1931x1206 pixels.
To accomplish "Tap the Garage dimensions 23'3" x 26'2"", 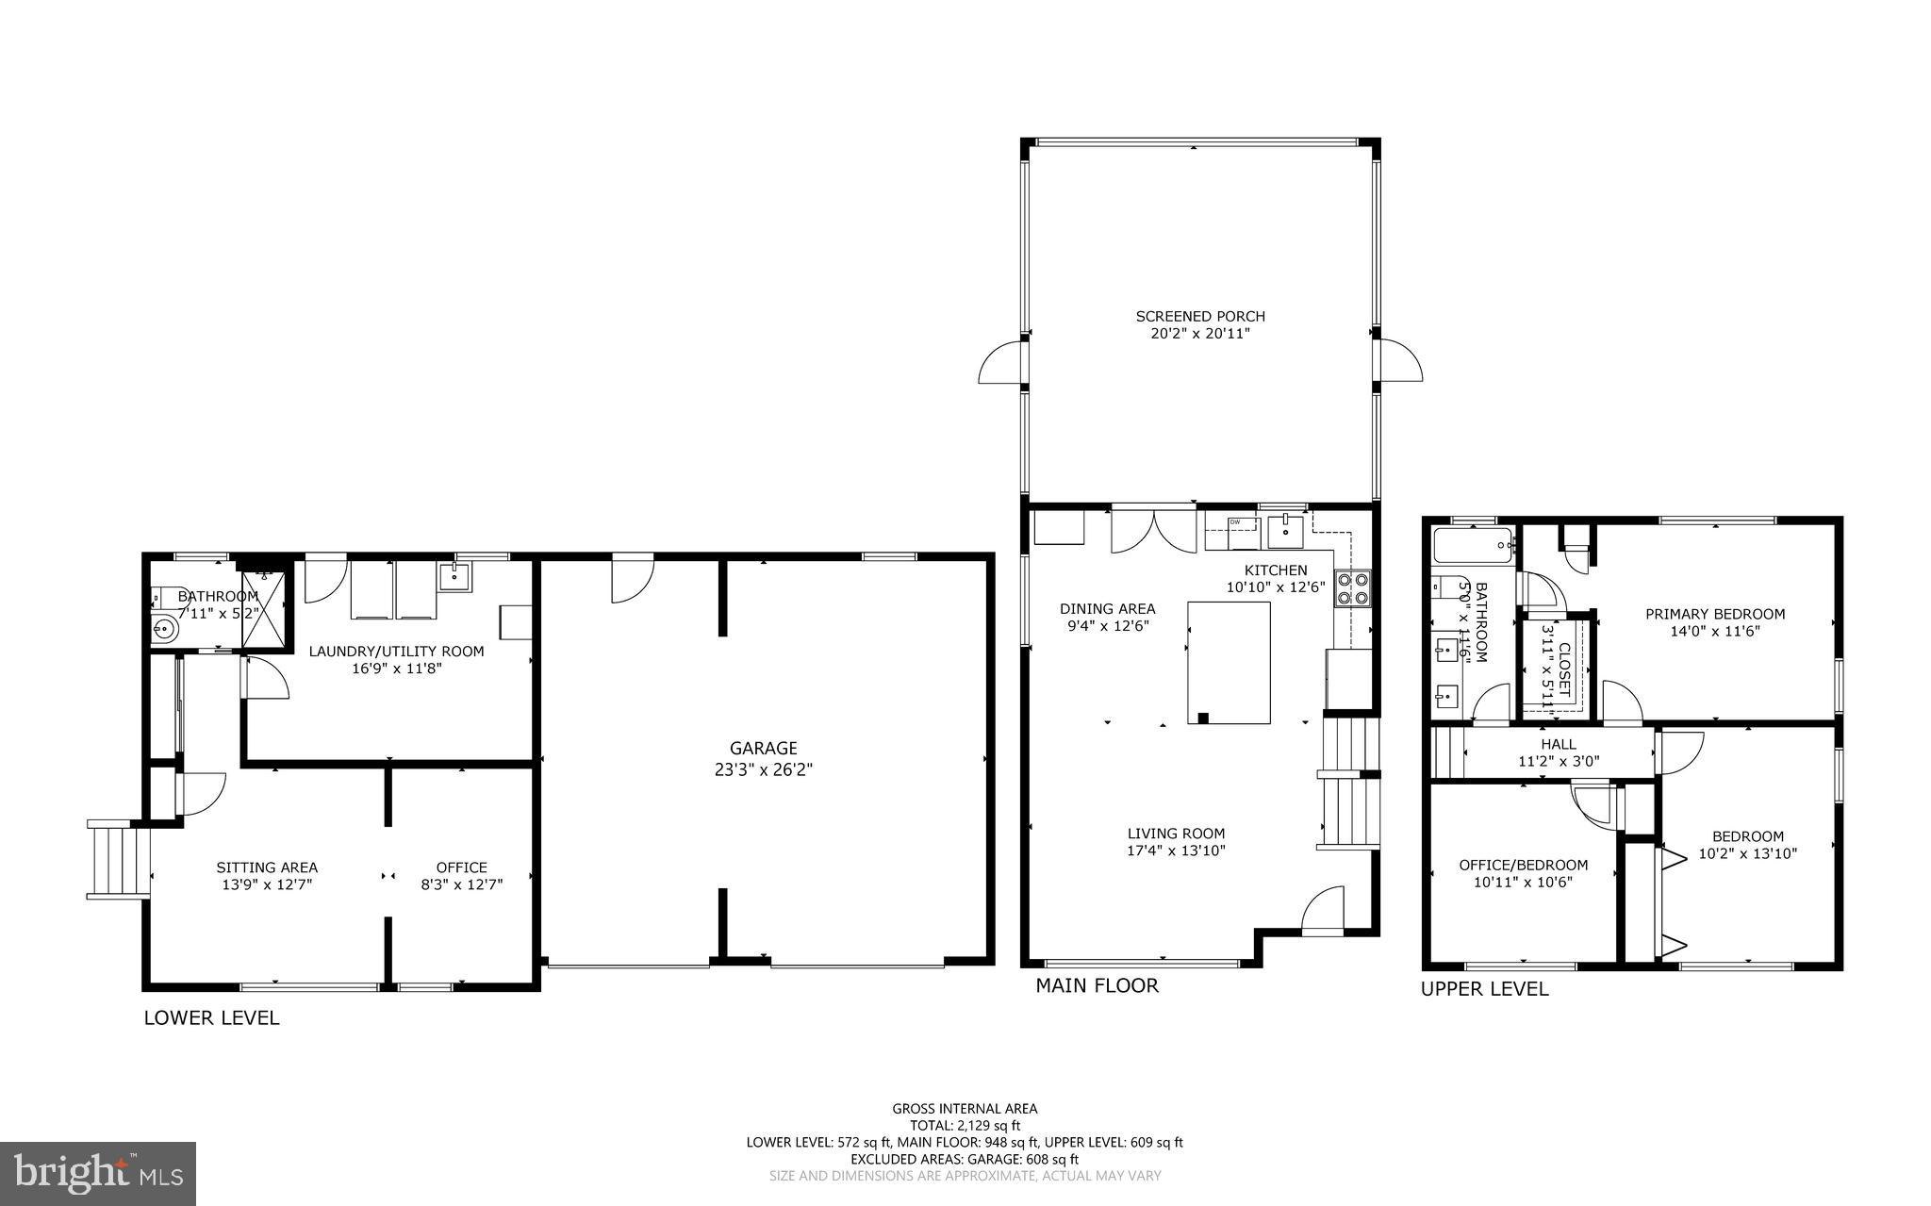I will click(763, 769).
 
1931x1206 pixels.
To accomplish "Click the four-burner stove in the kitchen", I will click(1351, 589).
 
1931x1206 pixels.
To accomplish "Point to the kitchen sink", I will click(1286, 532).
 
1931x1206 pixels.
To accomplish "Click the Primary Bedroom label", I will click(1714, 614).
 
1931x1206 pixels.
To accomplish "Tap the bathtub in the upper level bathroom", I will click(1473, 545).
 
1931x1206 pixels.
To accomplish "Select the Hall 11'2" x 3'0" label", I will click(1558, 752).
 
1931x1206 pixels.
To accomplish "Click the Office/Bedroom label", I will click(1523, 865).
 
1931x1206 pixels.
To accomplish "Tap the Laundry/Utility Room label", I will click(396, 652).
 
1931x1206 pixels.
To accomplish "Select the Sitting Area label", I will click(267, 867).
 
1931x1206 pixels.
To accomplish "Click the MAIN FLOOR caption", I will click(1097, 986).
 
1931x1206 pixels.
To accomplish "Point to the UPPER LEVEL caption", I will click(1484, 989).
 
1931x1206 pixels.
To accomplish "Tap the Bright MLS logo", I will click(98, 1173).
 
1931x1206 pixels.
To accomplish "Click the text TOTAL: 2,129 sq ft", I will click(965, 1125).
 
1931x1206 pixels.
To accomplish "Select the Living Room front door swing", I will click(1323, 909).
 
